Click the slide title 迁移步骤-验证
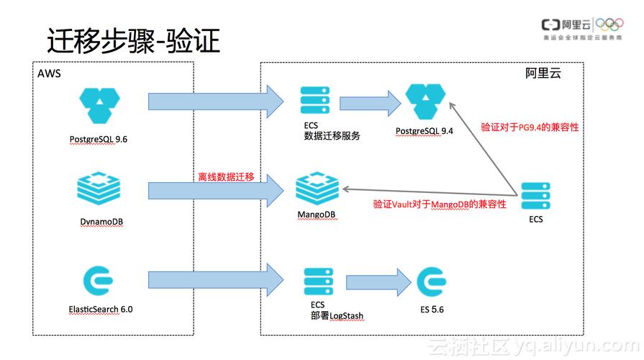click(x=133, y=41)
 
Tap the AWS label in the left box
click(x=48, y=73)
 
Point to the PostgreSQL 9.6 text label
click(x=99, y=138)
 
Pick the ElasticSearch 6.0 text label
click(x=101, y=309)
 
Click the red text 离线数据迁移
click(x=226, y=177)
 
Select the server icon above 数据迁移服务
click(x=315, y=99)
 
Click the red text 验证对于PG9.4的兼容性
click(x=530, y=127)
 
